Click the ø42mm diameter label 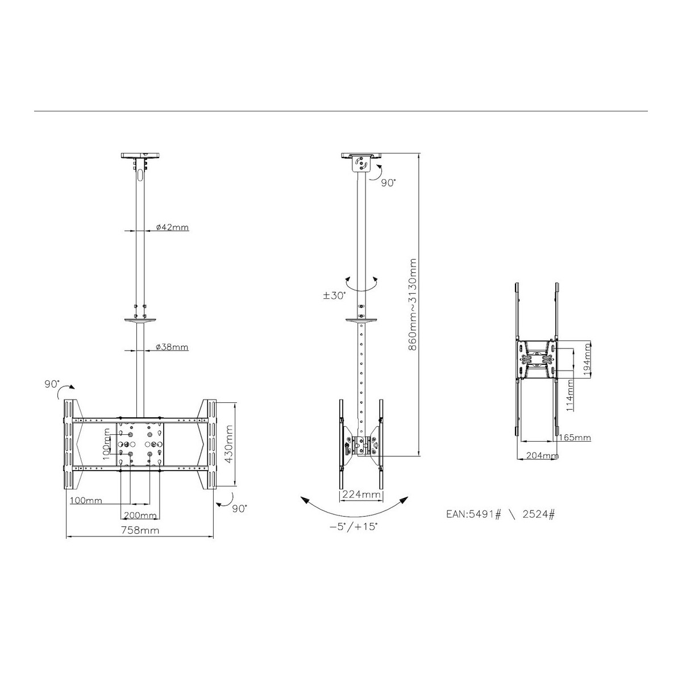coord(172,227)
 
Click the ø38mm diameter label coord(172,347)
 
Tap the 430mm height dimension coord(228,444)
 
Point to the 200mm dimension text coord(140,515)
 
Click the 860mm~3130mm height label coord(412,305)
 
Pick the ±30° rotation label coord(334,296)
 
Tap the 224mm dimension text coord(361,494)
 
